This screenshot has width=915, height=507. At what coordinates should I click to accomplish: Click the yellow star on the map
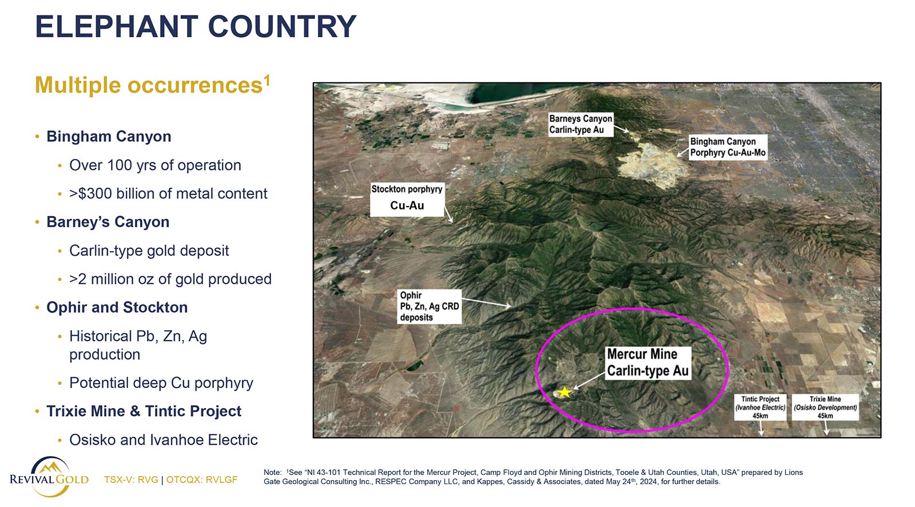pyautogui.click(x=564, y=392)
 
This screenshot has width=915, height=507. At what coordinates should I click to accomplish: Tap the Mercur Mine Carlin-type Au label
pyautogui.click(x=648, y=363)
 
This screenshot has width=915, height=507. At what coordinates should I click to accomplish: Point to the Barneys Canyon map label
pyautogui.click(x=580, y=124)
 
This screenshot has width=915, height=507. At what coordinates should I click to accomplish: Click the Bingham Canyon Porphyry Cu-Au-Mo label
pyautogui.click(x=728, y=147)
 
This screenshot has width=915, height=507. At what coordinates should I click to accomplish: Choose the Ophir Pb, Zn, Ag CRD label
pyautogui.click(x=429, y=306)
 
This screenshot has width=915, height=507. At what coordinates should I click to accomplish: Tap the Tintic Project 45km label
pyautogui.click(x=760, y=407)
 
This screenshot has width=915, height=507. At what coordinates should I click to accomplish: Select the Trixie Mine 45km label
pyautogui.click(x=825, y=407)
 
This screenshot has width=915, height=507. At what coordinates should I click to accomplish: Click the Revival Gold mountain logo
pyautogui.click(x=49, y=477)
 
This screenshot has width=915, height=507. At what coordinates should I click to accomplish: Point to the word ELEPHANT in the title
pyautogui.click(x=117, y=26)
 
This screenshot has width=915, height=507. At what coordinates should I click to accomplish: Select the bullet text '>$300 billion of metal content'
pyautogui.click(x=168, y=193)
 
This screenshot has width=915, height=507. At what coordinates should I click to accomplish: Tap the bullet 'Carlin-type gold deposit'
pyautogui.click(x=149, y=251)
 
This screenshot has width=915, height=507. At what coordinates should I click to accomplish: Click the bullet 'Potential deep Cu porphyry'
pyautogui.click(x=161, y=383)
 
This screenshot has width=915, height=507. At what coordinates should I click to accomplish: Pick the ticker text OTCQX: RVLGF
pyautogui.click(x=202, y=480)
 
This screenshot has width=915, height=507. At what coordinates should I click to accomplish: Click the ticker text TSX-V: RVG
pyautogui.click(x=131, y=480)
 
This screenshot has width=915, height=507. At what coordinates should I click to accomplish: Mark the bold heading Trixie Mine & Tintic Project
pyautogui.click(x=144, y=411)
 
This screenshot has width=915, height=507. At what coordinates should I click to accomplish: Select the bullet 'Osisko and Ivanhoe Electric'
pyautogui.click(x=164, y=440)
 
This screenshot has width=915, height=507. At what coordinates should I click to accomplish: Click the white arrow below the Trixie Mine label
pyautogui.click(x=826, y=427)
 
